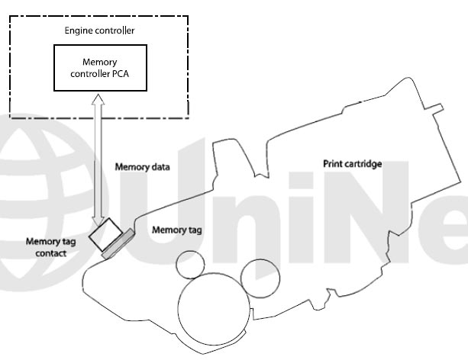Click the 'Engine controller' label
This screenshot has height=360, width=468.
pos(99,31)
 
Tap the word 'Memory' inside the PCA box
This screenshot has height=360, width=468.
pos(100,63)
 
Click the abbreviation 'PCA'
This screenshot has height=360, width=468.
pos(121,74)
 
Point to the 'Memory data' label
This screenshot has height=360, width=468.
pos(142,167)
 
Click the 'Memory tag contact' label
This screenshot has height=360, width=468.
pos(50,247)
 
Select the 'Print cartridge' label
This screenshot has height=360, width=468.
pos(353,164)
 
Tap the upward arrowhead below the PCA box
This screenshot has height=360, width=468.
pos(98,99)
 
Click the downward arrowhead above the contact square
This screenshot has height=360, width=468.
pos(98,220)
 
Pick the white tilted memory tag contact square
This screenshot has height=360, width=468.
pos(105,234)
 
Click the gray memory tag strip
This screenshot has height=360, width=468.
pos(118,243)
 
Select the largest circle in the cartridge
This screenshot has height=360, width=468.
pos(214,309)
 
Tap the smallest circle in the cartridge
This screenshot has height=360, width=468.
pos(190,265)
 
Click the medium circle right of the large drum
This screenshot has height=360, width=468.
pos(260,278)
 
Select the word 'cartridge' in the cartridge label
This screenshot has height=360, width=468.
pos(363,164)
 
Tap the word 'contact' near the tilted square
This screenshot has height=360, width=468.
pos(50,253)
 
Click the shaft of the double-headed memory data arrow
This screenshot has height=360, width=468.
pos(98,160)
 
